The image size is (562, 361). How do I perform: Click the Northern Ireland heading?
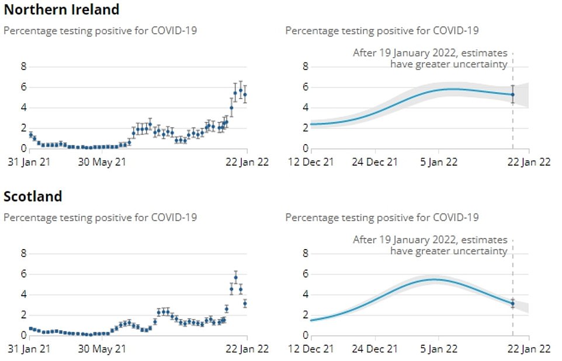coord(61,10)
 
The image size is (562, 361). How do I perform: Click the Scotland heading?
coord(33,197)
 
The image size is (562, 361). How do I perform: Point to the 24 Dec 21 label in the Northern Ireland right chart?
coord(374,163)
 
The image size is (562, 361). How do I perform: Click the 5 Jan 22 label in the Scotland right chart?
coord(439,349)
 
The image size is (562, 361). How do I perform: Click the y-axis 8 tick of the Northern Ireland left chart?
coord(24,66)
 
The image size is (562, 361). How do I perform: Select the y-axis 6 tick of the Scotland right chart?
coord(305,274)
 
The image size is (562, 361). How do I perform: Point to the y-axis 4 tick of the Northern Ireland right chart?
coord(305,108)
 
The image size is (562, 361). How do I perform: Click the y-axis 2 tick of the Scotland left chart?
coord(24,315)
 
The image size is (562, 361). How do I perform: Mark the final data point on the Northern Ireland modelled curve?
coord(513,94)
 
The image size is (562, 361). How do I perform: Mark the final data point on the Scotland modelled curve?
coord(513,303)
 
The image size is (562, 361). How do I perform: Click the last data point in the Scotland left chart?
coord(245,303)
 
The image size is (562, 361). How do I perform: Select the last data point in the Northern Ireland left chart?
coord(245,94)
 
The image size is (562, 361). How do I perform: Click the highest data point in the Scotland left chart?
coord(235,277)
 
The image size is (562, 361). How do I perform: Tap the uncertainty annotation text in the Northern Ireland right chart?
coord(430,58)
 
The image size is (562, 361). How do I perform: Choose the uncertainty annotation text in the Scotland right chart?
coord(430,245)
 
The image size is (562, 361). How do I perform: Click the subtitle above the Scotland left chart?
coord(100,218)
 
